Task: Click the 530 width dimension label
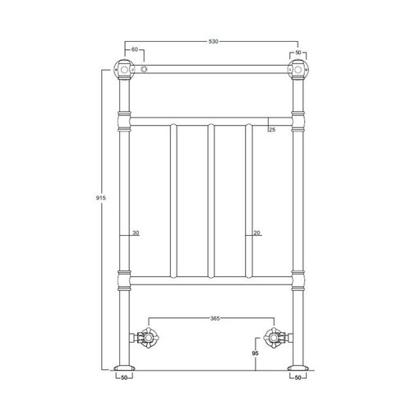point(214,41)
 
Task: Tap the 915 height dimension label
point(100,198)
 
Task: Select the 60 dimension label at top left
point(135,49)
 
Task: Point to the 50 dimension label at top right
point(298,52)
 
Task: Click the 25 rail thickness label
point(272,130)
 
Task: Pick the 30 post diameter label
point(136,233)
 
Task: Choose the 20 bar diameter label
point(256,233)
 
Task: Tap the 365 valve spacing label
point(215,318)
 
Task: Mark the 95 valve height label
point(256,353)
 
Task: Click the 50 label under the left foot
point(124,377)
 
